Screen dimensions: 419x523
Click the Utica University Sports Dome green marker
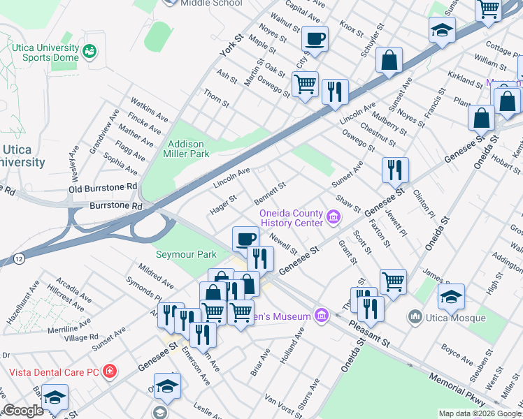click(x=89, y=51)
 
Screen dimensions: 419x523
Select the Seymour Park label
click(x=186, y=255)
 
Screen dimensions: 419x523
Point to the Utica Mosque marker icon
click(x=415, y=318)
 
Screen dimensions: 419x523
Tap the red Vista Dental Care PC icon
click(x=109, y=371)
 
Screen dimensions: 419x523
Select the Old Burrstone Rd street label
click(x=103, y=188)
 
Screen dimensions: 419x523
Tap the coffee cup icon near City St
click(x=315, y=39)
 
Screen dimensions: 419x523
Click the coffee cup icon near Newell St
click(x=245, y=240)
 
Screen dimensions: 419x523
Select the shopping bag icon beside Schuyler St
click(x=389, y=61)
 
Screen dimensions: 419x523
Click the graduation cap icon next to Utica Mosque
click(x=451, y=297)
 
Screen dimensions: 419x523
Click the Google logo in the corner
click(x=24, y=411)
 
